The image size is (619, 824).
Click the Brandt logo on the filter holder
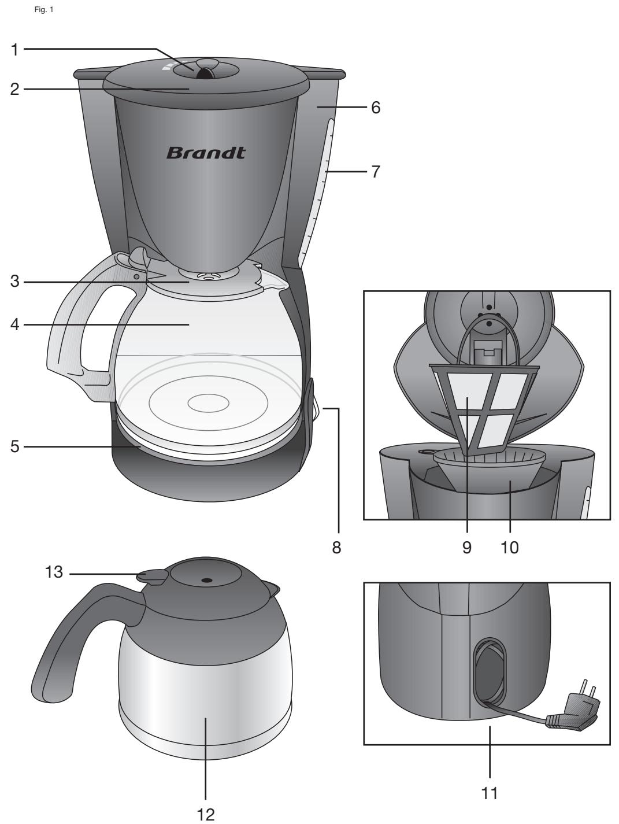pos(206,153)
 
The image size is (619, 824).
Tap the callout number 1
pos(15,50)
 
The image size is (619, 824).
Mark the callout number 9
pos(467,547)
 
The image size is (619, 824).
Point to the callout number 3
pos(15,282)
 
